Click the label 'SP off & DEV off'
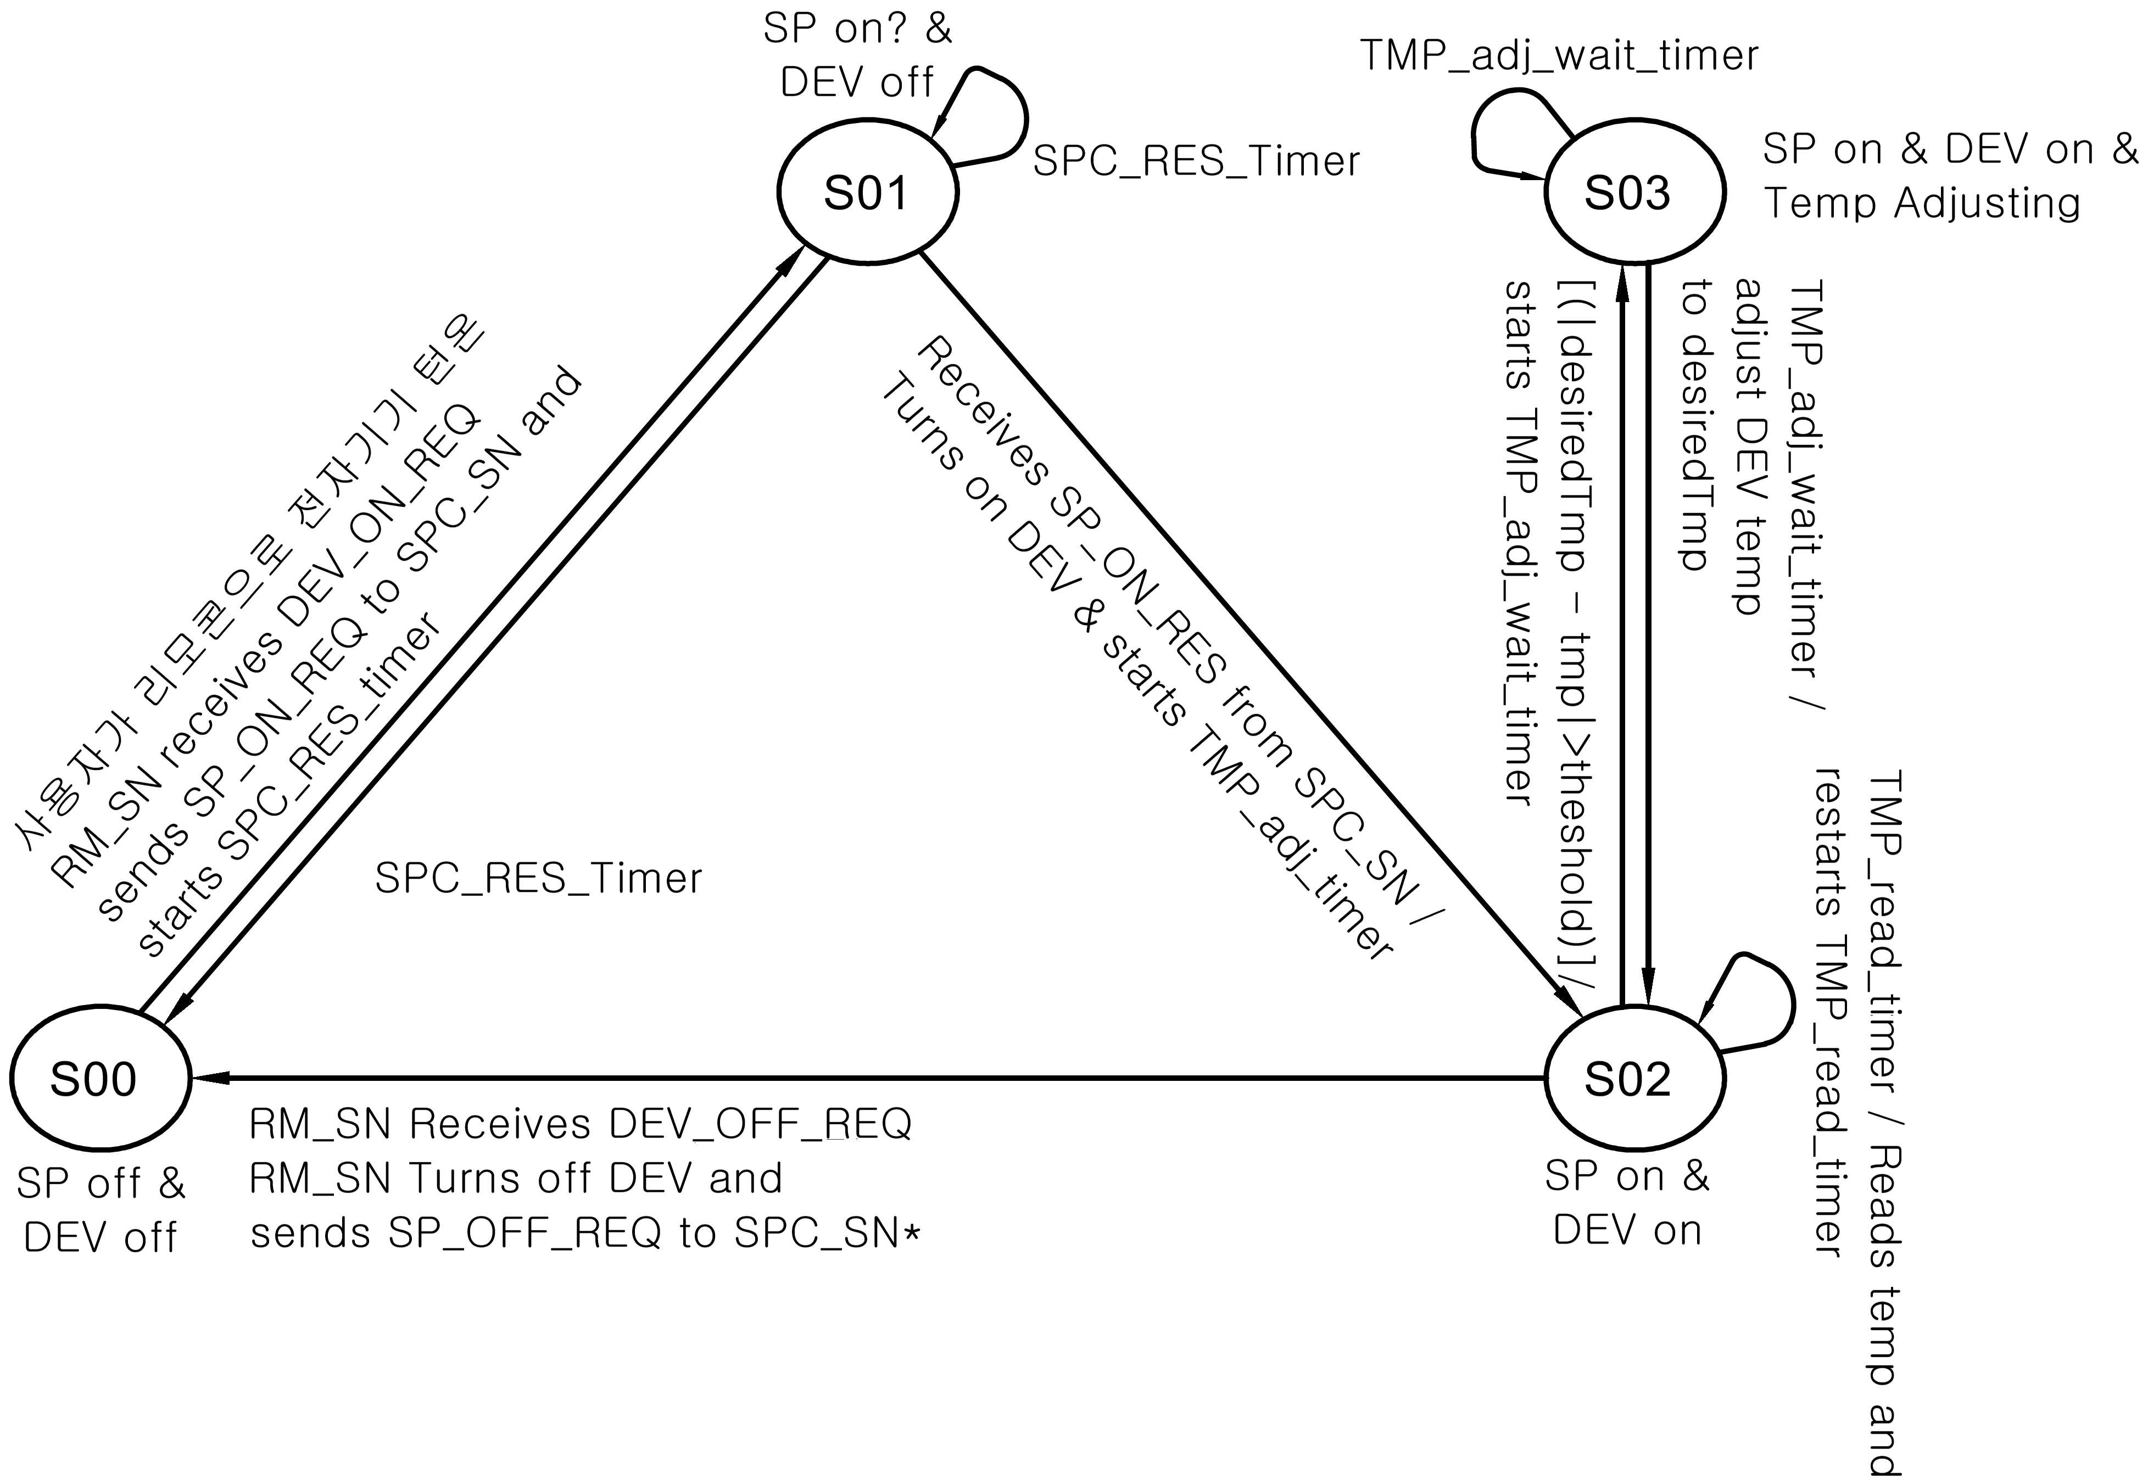tap(101, 1210)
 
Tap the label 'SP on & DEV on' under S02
tap(1627, 1204)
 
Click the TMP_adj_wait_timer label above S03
tap(1559, 56)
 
